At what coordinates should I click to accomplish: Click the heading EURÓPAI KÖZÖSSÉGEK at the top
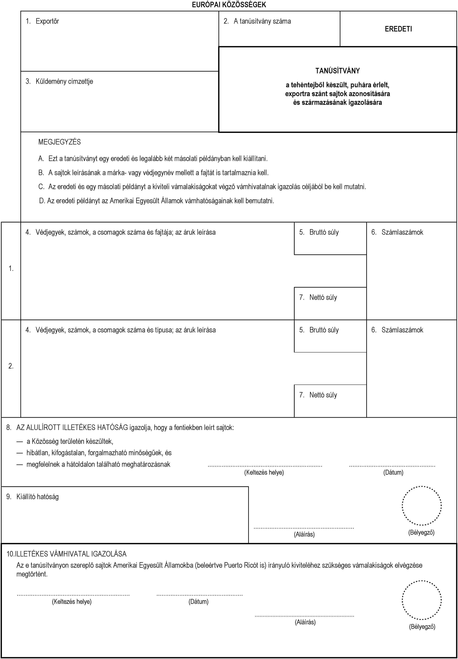click(229, 5)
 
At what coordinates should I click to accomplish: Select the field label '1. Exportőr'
click(42, 21)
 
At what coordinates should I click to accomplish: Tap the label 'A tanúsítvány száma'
click(262, 21)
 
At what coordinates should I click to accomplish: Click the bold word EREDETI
click(398, 29)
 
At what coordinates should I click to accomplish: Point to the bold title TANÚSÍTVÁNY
click(338, 71)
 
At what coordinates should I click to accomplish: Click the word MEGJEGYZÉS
click(59, 142)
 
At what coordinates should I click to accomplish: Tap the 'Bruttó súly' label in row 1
click(324, 232)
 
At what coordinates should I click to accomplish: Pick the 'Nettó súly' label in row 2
click(323, 395)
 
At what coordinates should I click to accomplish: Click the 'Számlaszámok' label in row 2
click(402, 330)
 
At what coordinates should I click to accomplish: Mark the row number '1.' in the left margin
click(11, 269)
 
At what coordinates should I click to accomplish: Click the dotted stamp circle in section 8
click(422, 506)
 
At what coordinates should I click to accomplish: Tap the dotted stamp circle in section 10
click(422, 600)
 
